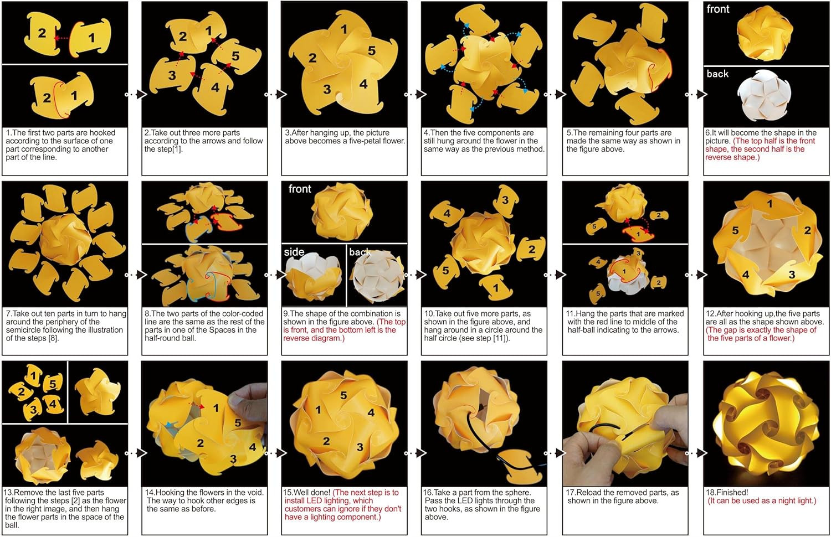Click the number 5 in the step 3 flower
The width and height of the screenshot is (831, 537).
coord(372,51)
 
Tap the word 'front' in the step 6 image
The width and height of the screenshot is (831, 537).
coord(718,9)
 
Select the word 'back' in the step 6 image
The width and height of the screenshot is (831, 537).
coord(717,74)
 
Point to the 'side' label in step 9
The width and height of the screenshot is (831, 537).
coord(294,252)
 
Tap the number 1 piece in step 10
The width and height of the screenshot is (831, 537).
coord(495,287)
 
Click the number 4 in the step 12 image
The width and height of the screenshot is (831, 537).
coord(746,274)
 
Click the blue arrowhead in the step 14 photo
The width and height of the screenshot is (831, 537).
coord(169,425)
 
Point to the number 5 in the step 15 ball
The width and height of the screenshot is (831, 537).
coord(343,395)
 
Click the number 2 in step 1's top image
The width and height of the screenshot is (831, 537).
coord(42,33)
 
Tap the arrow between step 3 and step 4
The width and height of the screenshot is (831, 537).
coord(415,95)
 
